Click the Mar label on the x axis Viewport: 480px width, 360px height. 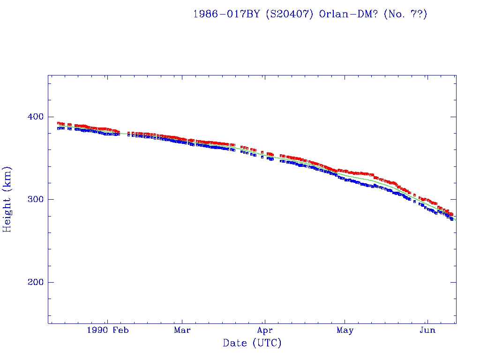182,330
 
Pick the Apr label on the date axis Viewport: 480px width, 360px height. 265,330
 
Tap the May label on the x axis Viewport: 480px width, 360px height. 345,330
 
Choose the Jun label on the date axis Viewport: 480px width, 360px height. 427,330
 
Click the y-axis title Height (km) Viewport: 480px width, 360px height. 7,199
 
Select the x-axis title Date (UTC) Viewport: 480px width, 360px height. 252,344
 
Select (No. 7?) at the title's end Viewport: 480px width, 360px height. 405,14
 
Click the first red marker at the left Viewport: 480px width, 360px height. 58,123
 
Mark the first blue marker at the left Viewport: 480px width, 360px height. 58,128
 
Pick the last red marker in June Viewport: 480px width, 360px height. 451,214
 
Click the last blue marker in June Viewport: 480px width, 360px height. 452,219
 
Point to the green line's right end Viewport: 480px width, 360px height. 456,220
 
